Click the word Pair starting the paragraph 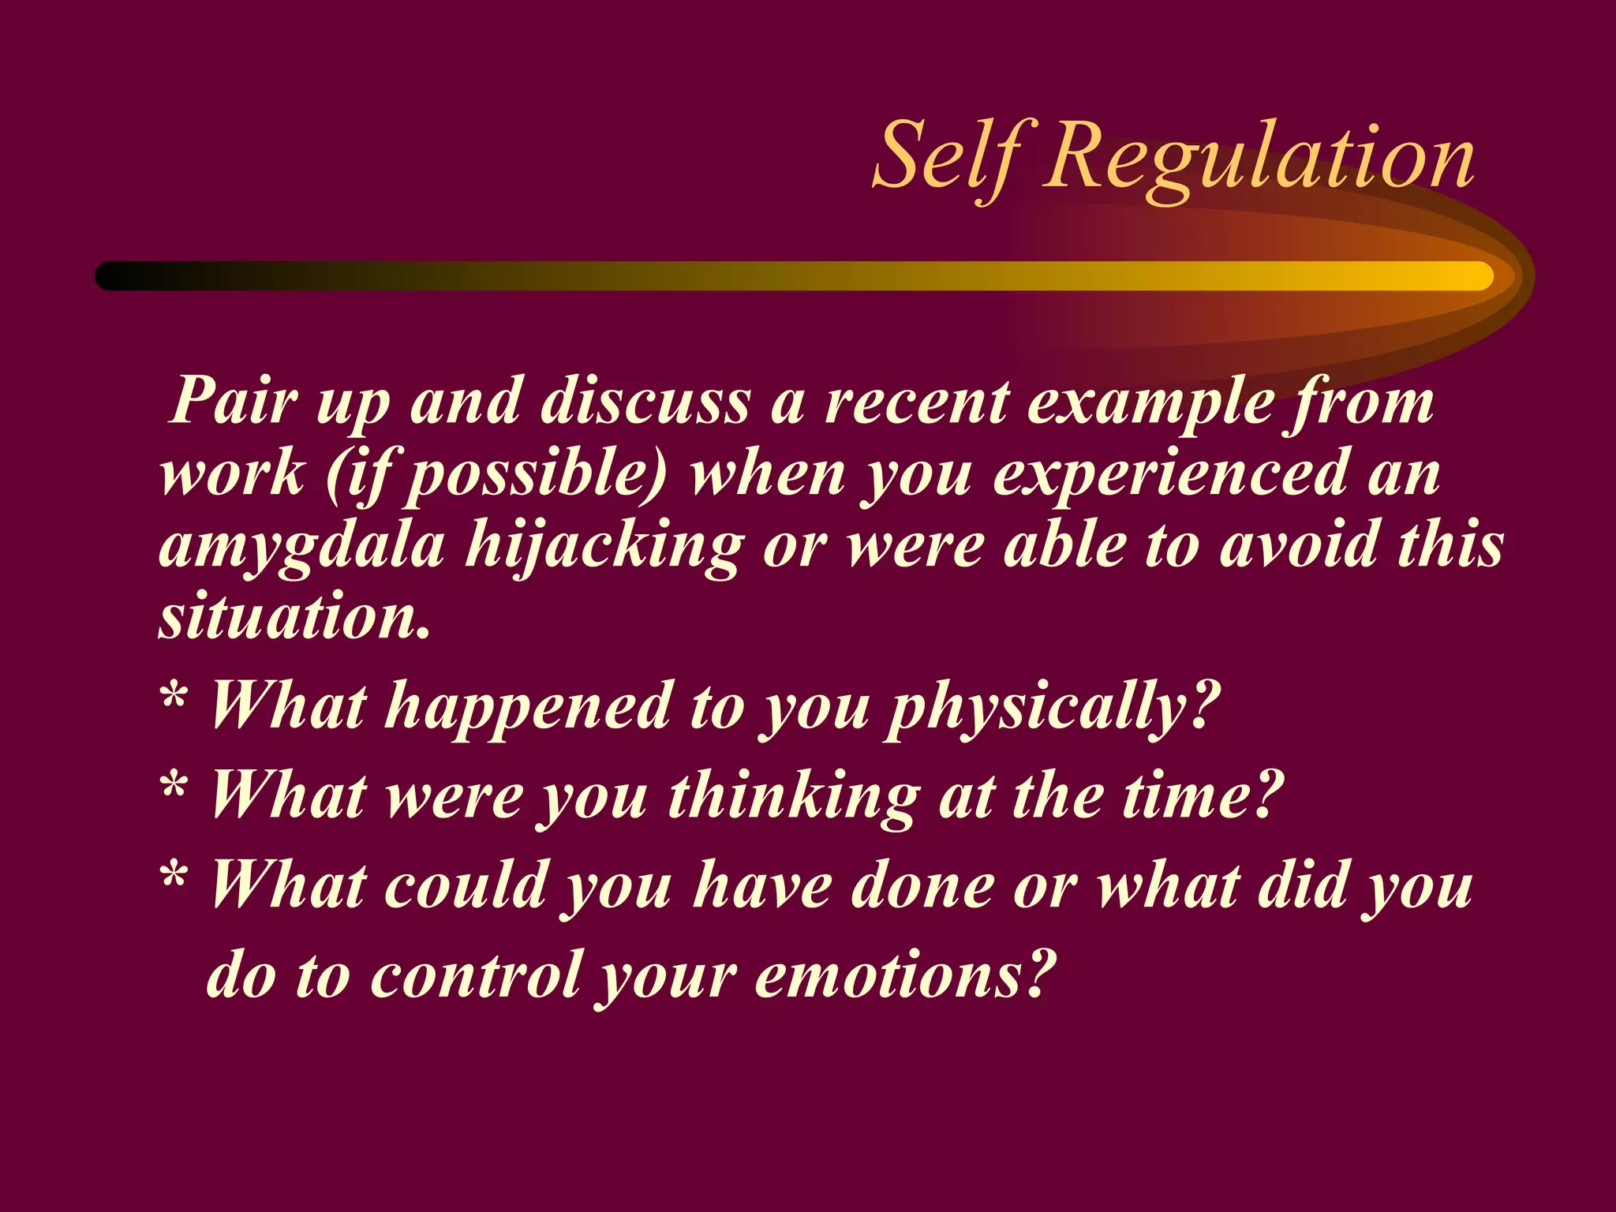[x=233, y=401]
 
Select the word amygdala [x=301, y=546]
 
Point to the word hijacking [x=604, y=546]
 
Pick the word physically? [x=1053, y=706]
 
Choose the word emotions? [x=904, y=975]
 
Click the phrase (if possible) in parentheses [x=496, y=473]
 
